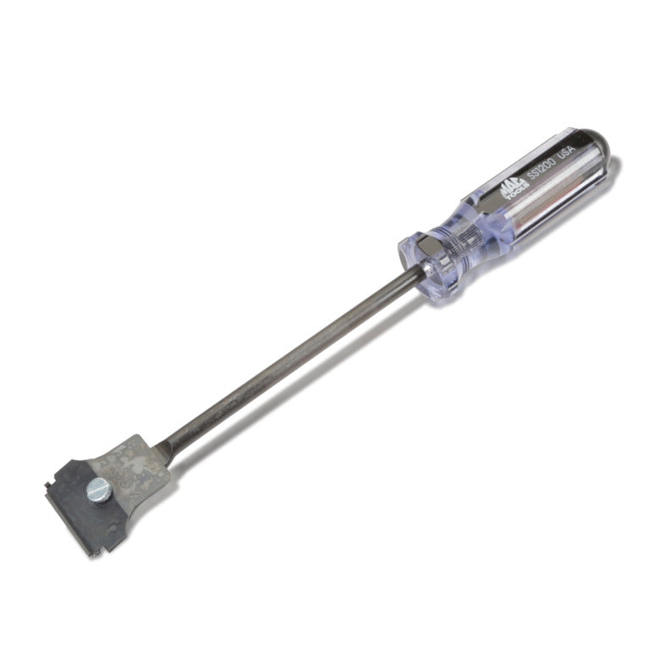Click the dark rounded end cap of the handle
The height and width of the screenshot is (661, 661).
tap(598, 142)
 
